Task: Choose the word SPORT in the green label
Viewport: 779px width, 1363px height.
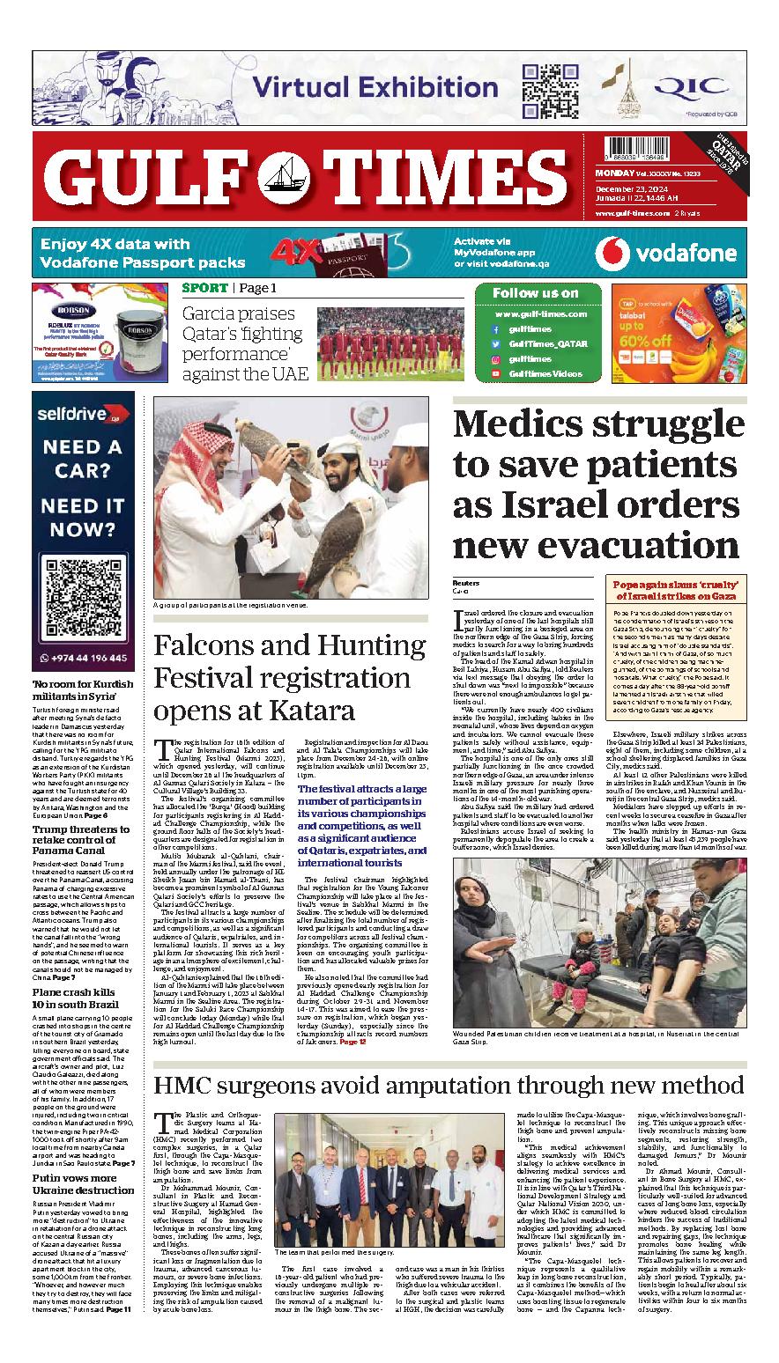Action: pos(205,288)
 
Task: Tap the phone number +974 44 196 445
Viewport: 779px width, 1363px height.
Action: pos(89,658)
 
